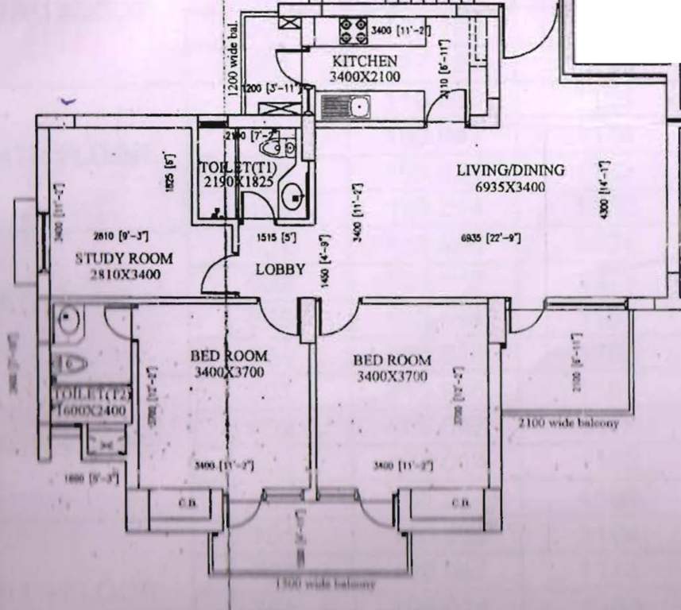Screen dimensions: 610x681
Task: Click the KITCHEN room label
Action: coord(364,61)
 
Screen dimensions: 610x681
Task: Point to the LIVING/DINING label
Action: coord(509,170)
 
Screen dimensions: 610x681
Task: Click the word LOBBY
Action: coord(280,269)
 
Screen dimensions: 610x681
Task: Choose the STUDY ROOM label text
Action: coord(124,258)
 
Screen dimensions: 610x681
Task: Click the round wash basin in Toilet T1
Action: coord(295,195)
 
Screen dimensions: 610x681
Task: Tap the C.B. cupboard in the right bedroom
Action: coord(460,504)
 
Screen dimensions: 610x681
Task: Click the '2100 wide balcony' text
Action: coord(568,423)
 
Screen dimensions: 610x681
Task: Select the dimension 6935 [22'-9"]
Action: coord(491,237)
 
